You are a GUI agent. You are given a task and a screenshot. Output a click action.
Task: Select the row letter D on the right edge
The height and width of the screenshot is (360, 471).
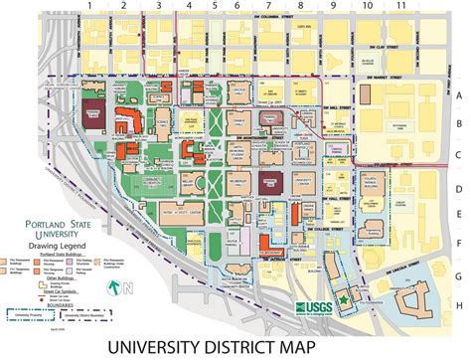(459, 188)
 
